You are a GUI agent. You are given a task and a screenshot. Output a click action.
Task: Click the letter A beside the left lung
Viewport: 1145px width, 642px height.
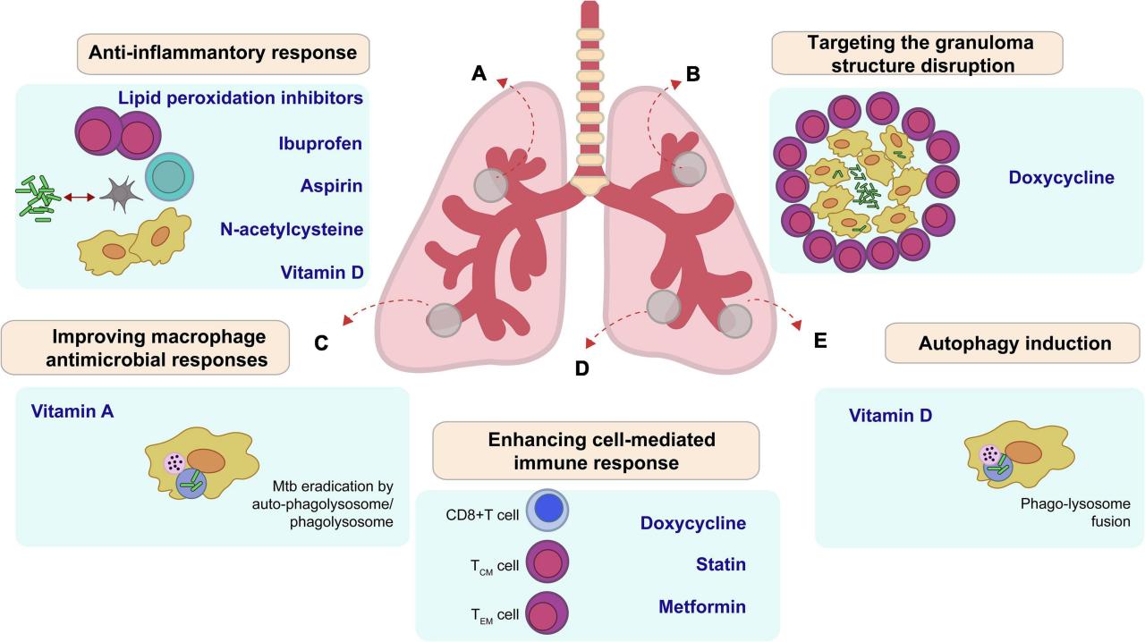tap(479, 73)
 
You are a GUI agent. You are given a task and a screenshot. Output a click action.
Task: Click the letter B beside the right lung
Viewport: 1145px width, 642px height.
tap(691, 74)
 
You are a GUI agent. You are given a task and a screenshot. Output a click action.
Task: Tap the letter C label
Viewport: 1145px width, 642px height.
tap(324, 343)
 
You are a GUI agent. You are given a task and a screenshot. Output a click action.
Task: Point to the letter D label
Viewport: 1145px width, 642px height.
tap(581, 367)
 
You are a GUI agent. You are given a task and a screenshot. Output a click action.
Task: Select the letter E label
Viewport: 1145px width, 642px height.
tap(820, 341)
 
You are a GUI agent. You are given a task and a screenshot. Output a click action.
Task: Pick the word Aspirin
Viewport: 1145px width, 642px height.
tap(332, 186)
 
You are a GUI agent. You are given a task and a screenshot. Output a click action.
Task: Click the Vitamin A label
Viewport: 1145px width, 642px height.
tap(72, 411)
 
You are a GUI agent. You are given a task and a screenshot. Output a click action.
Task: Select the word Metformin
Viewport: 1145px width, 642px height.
tap(702, 606)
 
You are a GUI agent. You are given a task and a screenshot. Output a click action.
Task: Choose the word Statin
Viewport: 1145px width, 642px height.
tap(720, 564)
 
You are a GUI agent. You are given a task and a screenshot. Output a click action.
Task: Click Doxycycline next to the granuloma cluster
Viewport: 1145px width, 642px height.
tap(1061, 177)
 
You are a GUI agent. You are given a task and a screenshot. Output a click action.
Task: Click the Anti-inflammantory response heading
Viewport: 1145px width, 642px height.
tap(223, 54)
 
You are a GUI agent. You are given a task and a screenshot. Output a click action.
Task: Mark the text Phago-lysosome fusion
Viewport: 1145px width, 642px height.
tap(1063, 511)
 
